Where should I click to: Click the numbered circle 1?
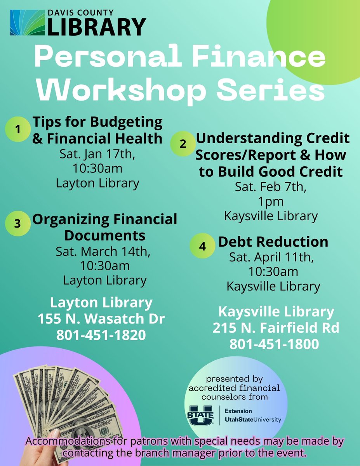pyautogui.click(x=17, y=130)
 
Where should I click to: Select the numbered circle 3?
pyautogui.click(x=17, y=224)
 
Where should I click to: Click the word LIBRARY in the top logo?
pyautogui.click(x=97, y=27)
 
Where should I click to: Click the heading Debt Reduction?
pyautogui.click(x=273, y=242)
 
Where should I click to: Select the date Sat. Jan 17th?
pyautogui.click(x=97, y=154)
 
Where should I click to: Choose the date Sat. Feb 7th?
pyautogui.click(x=271, y=187)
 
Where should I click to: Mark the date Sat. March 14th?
pyautogui.click(x=103, y=252)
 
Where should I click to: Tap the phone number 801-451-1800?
pyautogui.click(x=274, y=344)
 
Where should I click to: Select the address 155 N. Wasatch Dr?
pyautogui.click(x=101, y=319)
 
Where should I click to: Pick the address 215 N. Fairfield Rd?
pyautogui.click(x=276, y=328)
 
